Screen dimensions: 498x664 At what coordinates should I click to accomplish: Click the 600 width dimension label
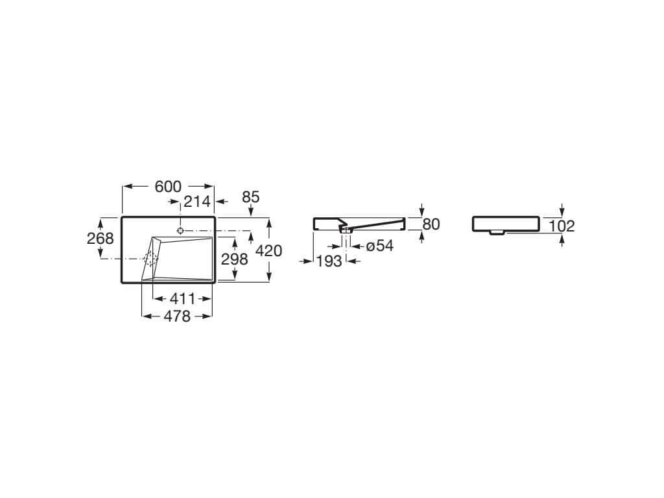pyautogui.click(x=168, y=187)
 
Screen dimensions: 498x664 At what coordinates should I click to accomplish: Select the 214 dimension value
pyautogui.click(x=196, y=202)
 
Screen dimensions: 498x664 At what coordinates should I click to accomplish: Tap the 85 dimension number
pyautogui.click(x=250, y=196)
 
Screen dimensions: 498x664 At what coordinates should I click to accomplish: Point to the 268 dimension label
pyautogui.click(x=101, y=238)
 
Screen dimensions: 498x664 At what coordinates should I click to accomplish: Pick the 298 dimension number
pyautogui.click(x=235, y=259)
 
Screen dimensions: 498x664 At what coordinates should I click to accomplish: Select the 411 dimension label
pyautogui.click(x=182, y=299)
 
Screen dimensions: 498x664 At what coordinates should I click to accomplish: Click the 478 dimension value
pyautogui.click(x=177, y=316)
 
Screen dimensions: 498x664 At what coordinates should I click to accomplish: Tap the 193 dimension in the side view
pyautogui.click(x=329, y=261)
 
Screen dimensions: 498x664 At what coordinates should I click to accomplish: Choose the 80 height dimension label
pyautogui.click(x=431, y=224)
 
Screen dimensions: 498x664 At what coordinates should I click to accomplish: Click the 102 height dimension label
pyautogui.click(x=562, y=226)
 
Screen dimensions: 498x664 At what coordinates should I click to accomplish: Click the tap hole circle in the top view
pyautogui.click(x=181, y=230)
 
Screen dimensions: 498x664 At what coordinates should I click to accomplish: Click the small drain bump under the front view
pyautogui.click(x=497, y=232)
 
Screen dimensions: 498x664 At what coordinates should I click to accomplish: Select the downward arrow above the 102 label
pyautogui.click(x=562, y=212)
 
